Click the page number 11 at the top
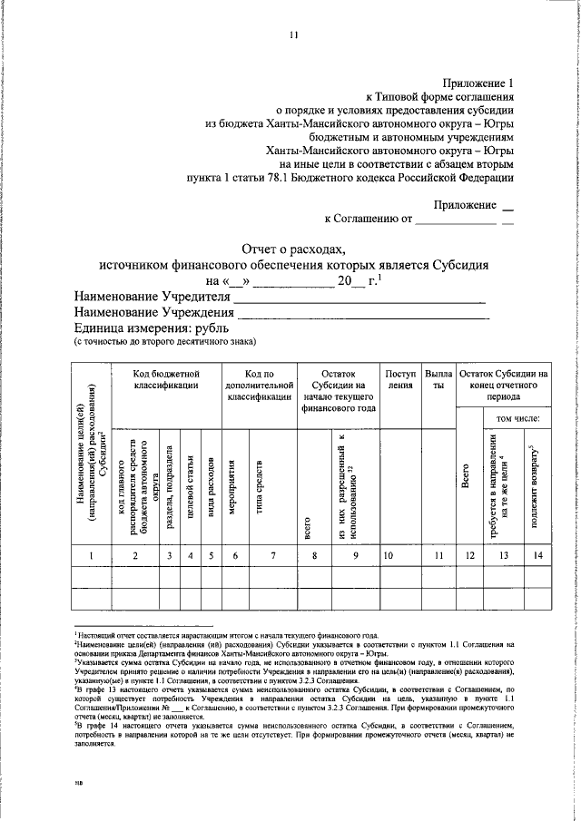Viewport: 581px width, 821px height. [x=293, y=35]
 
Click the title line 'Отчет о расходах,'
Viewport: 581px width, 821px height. [x=293, y=248]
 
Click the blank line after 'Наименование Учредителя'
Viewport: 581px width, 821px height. [x=359, y=298]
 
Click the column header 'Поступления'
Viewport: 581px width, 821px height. [x=400, y=379]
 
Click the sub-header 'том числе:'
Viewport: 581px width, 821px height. [x=517, y=418]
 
